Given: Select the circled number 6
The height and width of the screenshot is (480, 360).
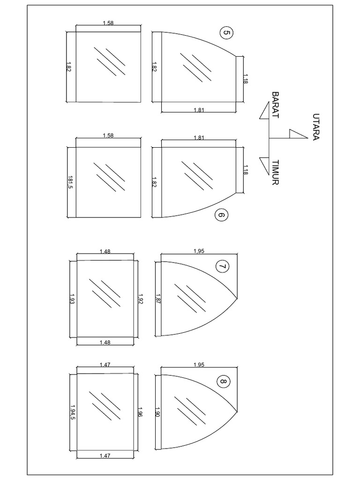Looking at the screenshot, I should tap(221, 215).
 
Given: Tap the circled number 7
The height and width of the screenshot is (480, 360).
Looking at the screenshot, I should tap(223, 267).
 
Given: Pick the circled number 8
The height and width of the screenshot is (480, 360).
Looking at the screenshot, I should tap(224, 382).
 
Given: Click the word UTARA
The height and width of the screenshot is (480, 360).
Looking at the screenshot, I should tap(316, 127).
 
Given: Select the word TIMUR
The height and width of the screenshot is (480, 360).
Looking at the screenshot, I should tap(275, 172).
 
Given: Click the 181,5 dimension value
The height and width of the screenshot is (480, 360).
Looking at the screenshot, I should tap(70, 182).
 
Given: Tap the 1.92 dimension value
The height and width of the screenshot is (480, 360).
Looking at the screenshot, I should tap(141, 299).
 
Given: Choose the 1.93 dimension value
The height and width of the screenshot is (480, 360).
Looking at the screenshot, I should tap(72, 299).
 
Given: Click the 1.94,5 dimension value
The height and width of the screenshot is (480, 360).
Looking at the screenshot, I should tap(73, 412).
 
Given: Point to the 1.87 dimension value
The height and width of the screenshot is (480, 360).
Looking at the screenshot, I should tap(157, 299).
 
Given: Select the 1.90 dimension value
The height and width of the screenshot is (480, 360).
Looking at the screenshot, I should tap(157, 412).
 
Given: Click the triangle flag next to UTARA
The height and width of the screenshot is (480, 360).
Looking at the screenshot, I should tap(297, 134).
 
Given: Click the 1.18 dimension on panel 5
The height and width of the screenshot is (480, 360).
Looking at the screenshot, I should tap(246, 79).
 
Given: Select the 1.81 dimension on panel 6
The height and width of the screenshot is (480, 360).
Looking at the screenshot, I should tap(198, 137).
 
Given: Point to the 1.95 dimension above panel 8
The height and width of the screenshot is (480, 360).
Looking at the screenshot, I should tap(198, 365).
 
